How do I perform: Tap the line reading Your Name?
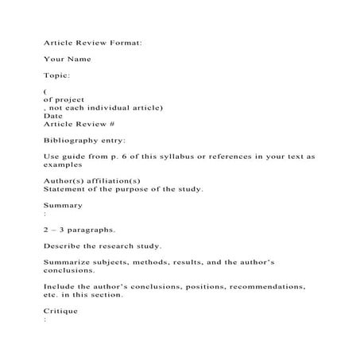point(68,59)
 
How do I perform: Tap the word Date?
point(53,116)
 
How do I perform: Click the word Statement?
point(67,189)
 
